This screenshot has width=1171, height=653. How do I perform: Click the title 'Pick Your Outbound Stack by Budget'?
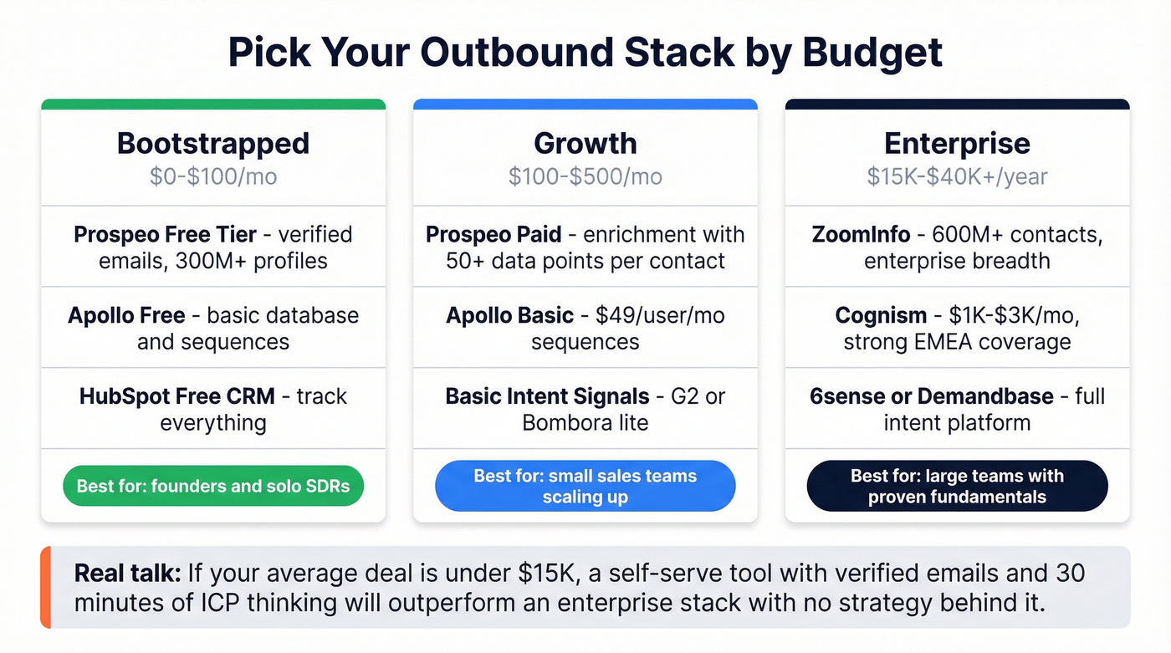[x=585, y=52]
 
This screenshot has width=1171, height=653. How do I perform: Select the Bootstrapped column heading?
[x=213, y=143]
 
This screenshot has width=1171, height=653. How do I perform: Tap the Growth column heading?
[x=585, y=143]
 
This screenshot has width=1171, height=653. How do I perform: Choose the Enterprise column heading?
[x=957, y=143]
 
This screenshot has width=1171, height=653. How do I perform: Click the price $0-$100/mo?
[x=213, y=176]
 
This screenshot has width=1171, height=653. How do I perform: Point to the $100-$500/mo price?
[x=585, y=176]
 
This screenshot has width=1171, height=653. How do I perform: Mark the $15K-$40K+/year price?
[x=957, y=176]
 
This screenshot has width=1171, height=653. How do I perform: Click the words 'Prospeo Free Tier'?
[x=165, y=235]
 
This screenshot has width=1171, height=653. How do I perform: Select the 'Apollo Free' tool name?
[x=126, y=315]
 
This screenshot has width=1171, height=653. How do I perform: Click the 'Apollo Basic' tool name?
[x=509, y=315]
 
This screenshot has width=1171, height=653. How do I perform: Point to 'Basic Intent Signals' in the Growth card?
[x=547, y=395]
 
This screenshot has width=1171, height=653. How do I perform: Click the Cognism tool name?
[x=881, y=315]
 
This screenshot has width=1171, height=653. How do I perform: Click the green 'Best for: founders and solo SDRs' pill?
[x=213, y=486]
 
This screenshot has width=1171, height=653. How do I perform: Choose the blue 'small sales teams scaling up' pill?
[x=585, y=486]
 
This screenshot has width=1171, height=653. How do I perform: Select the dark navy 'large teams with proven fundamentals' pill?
[x=957, y=486]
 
